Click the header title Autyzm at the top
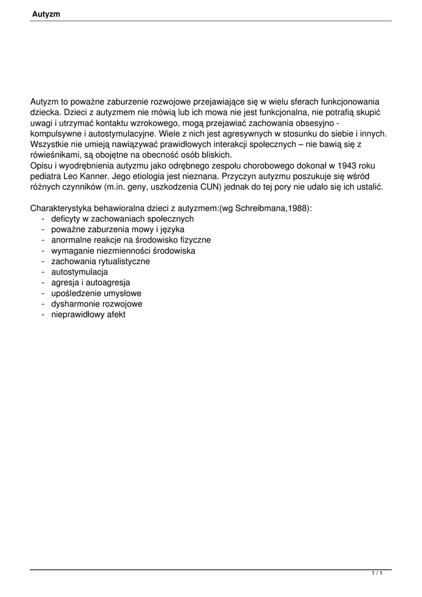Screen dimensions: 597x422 (x=46, y=13)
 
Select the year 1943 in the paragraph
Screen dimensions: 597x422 (x=347, y=165)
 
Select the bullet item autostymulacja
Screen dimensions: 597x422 (x=79, y=272)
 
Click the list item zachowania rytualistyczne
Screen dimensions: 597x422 (x=100, y=261)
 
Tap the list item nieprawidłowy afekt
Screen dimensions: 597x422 (x=88, y=315)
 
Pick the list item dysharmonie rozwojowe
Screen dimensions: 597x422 (x=97, y=304)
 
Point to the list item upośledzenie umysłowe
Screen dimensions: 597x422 (x=96, y=293)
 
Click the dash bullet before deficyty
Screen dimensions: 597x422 (x=44, y=219)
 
